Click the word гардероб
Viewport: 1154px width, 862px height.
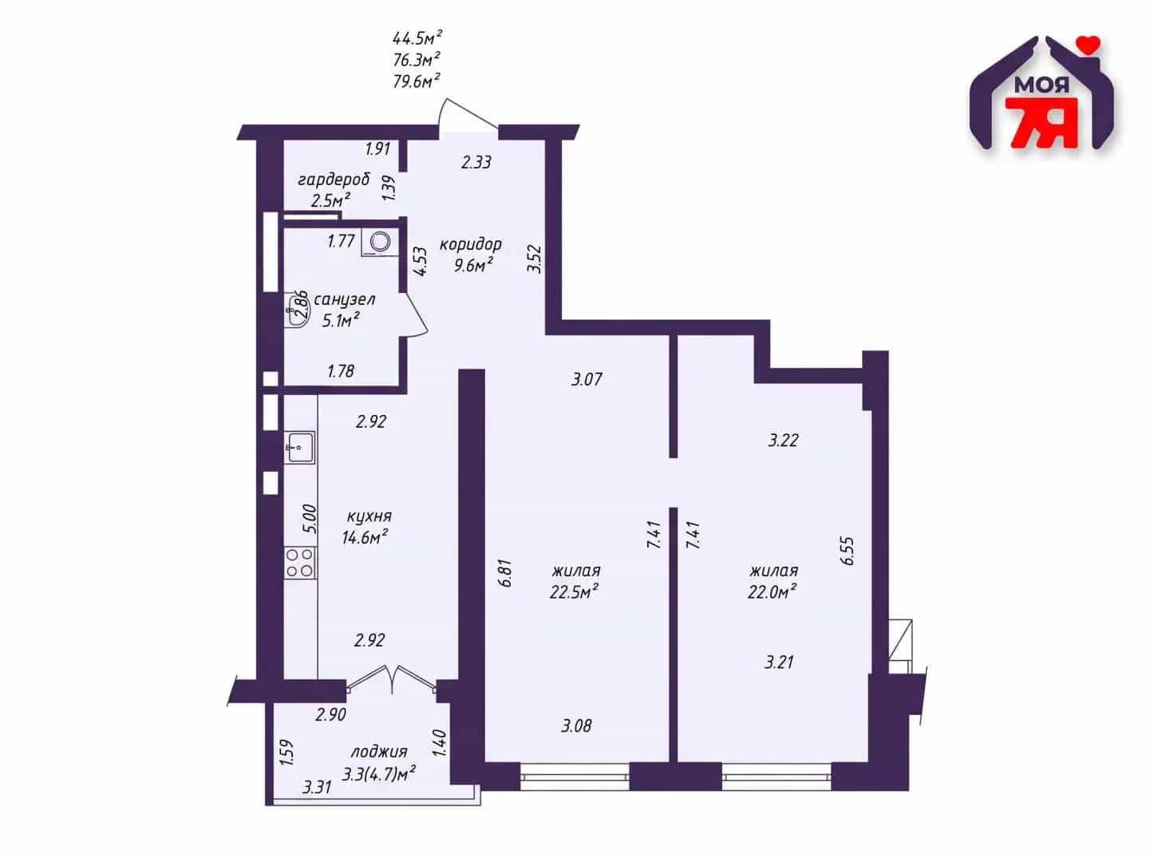point(334,180)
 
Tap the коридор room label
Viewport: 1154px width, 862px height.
point(471,244)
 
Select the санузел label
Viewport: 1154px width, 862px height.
point(344,299)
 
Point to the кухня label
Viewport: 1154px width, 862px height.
point(369,516)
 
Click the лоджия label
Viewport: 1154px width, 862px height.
point(378,752)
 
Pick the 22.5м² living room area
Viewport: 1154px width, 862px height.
point(575,592)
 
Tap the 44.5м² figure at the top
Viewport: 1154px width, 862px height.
point(417,38)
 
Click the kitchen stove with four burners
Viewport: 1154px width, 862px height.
point(300,563)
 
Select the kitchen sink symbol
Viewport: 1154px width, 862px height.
point(299,447)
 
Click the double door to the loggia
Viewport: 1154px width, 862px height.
point(392,679)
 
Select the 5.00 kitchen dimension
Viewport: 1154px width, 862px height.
point(310,520)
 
